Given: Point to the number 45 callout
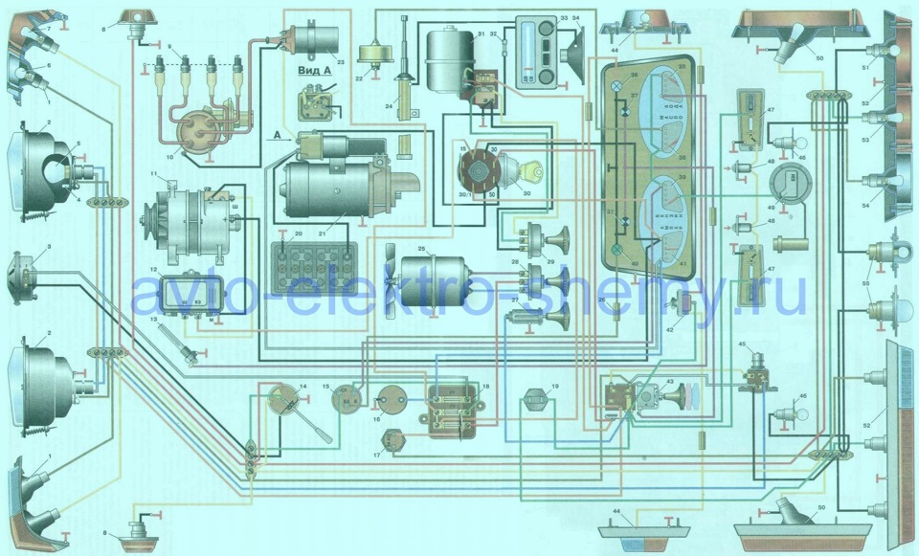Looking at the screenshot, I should (743, 344).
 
